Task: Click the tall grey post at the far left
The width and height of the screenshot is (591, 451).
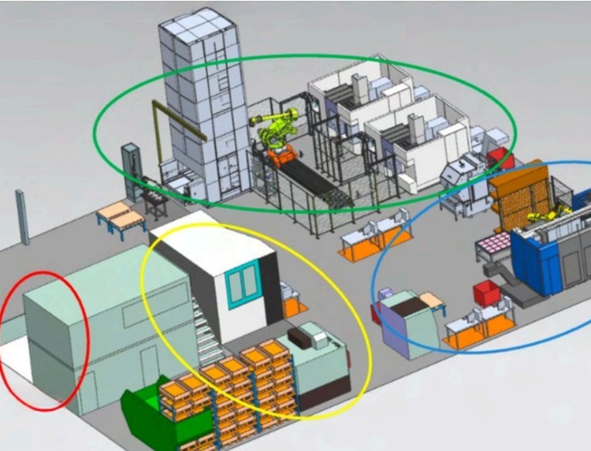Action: pos(22,217)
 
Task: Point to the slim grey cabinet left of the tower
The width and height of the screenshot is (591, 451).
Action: pos(130,166)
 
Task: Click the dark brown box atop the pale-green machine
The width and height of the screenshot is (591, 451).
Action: pos(299,336)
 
